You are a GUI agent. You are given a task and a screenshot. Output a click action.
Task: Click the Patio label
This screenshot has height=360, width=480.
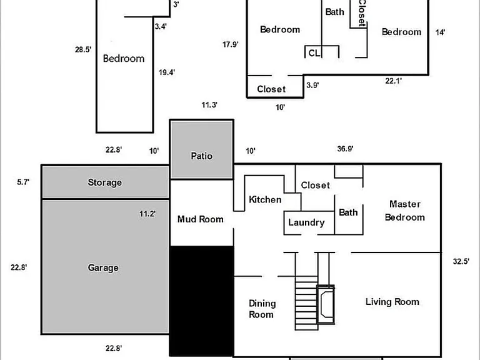(201, 156)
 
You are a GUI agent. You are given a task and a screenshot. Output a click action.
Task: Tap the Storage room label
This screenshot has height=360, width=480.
(105, 182)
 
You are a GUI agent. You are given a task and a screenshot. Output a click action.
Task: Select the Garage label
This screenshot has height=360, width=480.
(103, 268)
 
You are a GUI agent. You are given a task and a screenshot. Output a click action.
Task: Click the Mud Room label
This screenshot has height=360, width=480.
(201, 219)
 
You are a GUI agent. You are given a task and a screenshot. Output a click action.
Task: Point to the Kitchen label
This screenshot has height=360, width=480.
(265, 199)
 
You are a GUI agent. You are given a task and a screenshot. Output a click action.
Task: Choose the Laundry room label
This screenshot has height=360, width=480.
(306, 222)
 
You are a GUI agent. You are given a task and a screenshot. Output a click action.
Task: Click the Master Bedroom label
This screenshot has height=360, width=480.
(405, 211)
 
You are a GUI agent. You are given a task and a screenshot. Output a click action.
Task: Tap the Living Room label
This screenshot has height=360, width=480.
(392, 302)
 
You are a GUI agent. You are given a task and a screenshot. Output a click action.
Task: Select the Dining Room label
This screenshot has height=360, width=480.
(262, 309)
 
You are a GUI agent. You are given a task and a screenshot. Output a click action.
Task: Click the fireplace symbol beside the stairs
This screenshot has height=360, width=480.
(326, 304)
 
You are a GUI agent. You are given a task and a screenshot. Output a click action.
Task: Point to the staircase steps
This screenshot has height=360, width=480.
(306, 306)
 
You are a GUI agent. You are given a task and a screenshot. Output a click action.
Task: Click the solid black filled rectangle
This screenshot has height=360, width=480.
(202, 301)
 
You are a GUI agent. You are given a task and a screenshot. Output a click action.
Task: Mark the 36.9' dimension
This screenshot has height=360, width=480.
(345, 149)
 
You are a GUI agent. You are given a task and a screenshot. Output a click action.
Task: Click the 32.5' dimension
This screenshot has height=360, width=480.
(461, 261)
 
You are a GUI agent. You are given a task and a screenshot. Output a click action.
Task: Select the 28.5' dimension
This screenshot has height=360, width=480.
(83, 49)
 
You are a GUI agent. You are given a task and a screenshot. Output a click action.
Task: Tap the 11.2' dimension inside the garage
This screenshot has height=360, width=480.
(147, 214)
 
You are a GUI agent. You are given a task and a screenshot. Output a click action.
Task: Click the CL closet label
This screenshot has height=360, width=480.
(314, 53)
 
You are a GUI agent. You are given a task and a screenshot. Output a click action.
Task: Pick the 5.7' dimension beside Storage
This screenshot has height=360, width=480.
(23, 182)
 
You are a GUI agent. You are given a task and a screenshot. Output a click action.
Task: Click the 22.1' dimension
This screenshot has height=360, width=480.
(393, 81)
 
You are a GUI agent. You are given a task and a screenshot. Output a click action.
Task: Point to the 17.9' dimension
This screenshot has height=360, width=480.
(230, 45)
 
